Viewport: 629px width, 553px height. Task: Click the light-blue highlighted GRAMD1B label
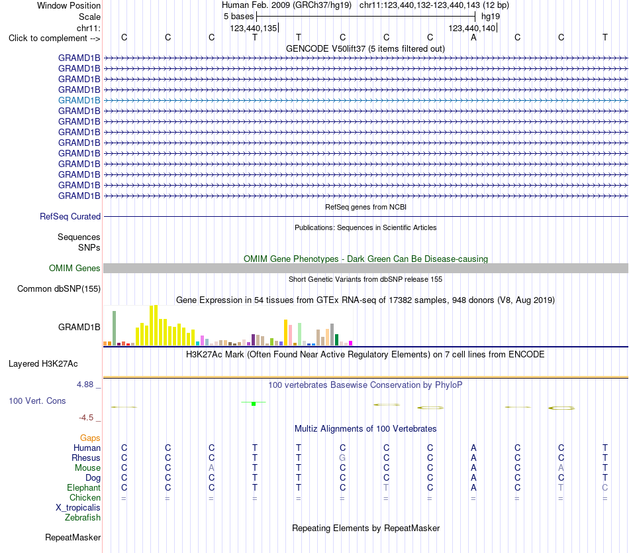(x=79, y=100)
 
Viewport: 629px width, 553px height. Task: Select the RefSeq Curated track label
(x=70, y=216)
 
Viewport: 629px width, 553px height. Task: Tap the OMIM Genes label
(x=75, y=269)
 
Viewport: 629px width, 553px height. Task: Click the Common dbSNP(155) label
(x=59, y=288)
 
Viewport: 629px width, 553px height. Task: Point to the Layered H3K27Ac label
(x=43, y=364)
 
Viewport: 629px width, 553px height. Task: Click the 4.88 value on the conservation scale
(x=85, y=385)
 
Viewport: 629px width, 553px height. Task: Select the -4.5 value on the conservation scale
(x=86, y=418)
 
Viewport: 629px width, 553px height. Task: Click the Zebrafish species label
(x=83, y=518)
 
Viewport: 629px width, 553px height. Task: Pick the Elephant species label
(x=84, y=488)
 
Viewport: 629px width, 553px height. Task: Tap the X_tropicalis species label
(x=78, y=508)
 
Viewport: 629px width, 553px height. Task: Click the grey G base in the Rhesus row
(x=342, y=458)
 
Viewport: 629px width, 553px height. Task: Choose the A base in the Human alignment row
(x=474, y=448)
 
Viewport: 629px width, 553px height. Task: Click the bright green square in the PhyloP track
(x=254, y=404)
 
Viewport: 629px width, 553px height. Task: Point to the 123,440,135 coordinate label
(x=254, y=28)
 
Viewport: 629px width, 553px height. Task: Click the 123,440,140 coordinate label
(x=471, y=28)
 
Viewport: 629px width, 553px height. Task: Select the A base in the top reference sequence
(x=474, y=37)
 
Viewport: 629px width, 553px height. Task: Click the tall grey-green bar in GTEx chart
(x=115, y=328)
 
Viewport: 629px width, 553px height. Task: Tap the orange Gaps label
(x=90, y=438)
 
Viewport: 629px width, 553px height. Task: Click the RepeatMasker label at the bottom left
(x=73, y=537)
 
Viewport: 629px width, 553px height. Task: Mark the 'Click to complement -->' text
(x=54, y=38)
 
